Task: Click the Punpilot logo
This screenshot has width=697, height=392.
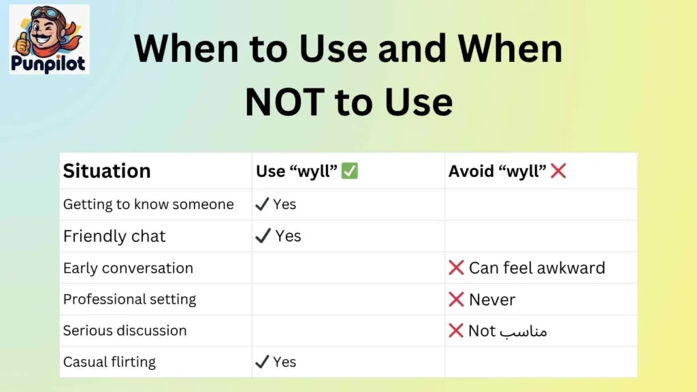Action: pyautogui.click(x=49, y=39)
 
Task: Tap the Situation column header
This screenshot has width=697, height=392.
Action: pyautogui.click(x=107, y=171)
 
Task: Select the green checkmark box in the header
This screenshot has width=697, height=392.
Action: pyautogui.click(x=350, y=171)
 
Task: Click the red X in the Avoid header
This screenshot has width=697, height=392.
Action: pyautogui.click(x=558, y=171)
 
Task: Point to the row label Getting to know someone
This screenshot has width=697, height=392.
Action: pyautogui.click(x=148, y=204)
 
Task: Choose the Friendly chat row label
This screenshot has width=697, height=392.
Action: pyautogui.click(x=114, y=236)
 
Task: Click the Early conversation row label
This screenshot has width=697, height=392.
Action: pyautogui.click(x=128, y=268)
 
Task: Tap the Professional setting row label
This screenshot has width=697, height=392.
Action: pyautogui.click(x=129, y=299)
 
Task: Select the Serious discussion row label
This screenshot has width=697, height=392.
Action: pyautogui.click(x=125, y=331)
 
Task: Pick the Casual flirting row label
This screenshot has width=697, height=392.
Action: pyautogui.click(x=110, y=362)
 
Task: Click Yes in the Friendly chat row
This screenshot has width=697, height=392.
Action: pyautogui.click(x=288, y=236)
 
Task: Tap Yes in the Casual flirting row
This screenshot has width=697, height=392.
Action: pyautogui.click(x=285, y=362)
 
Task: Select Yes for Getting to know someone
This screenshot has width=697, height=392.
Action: pyautogui.click(x=285, y=204)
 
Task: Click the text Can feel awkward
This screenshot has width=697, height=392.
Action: pyautogui.click(x=536, y=268)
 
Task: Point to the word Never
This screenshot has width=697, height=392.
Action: pyautogui.click(x=492, y=299)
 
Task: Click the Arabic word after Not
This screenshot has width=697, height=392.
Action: pyautogui.click(x=523, y=331)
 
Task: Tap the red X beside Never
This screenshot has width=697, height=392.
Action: pyautogui.click(x=456, y=299)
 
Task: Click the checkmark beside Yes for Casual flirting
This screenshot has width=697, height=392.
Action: pyautogui.click(x=262, y=362)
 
